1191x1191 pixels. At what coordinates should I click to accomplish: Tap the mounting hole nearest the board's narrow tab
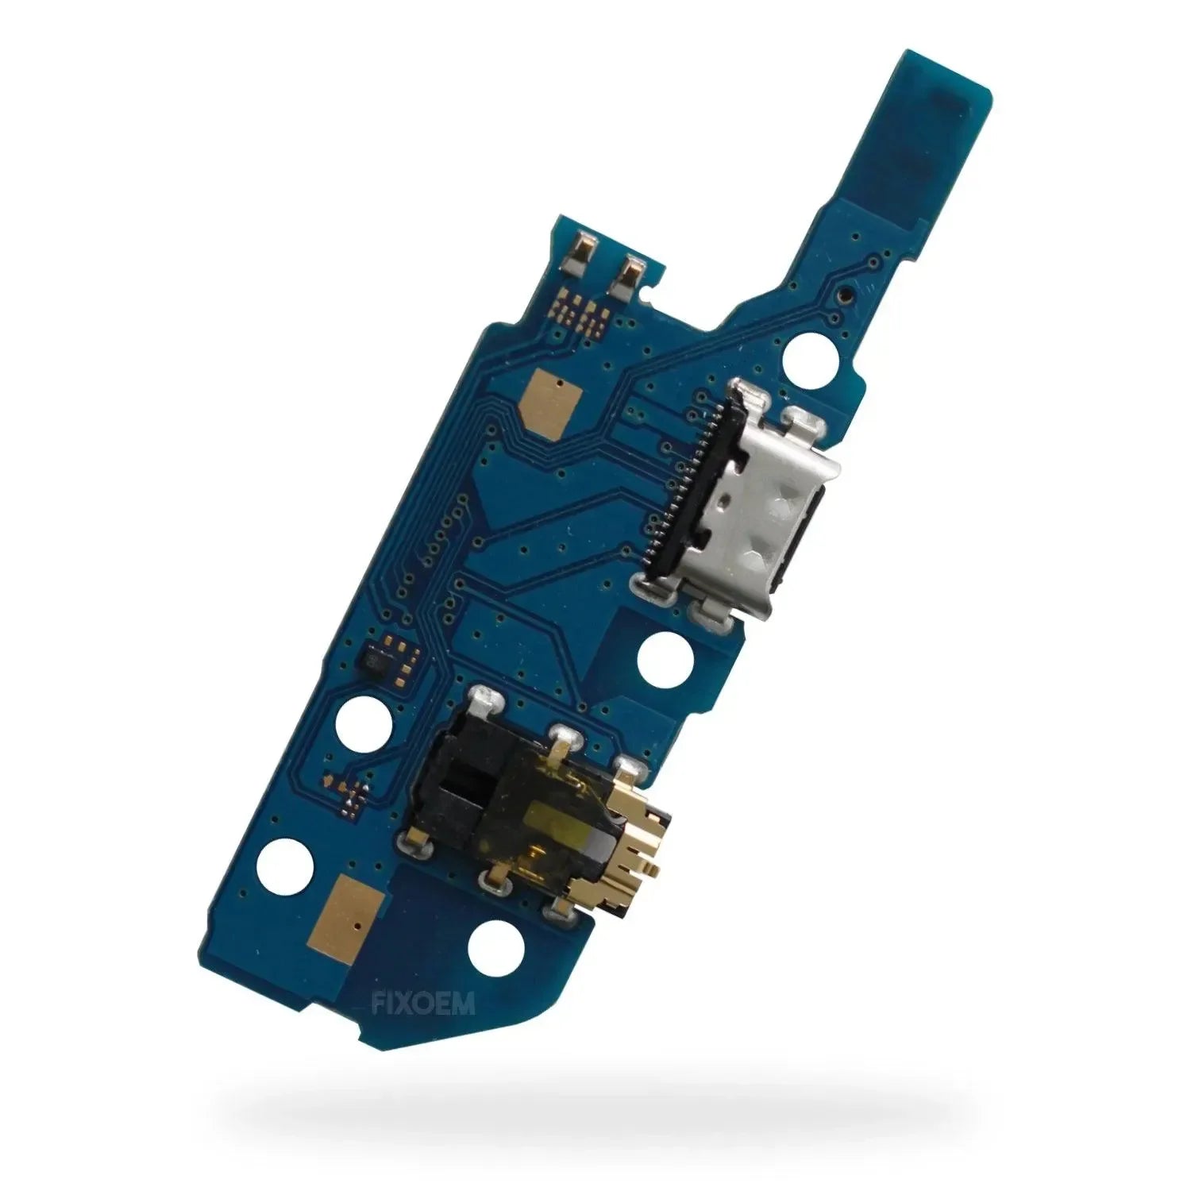(809, 357)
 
